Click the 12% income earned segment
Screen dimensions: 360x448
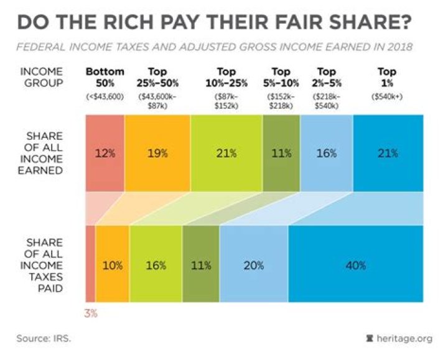click(x=105, y=154)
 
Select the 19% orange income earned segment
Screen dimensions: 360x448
click(x=157, y=154)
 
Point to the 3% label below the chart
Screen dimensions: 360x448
click(x=90, y=313)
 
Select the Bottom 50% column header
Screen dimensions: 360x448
click(x=105, y=76)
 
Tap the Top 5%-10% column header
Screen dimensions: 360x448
click(x=281, y=76)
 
